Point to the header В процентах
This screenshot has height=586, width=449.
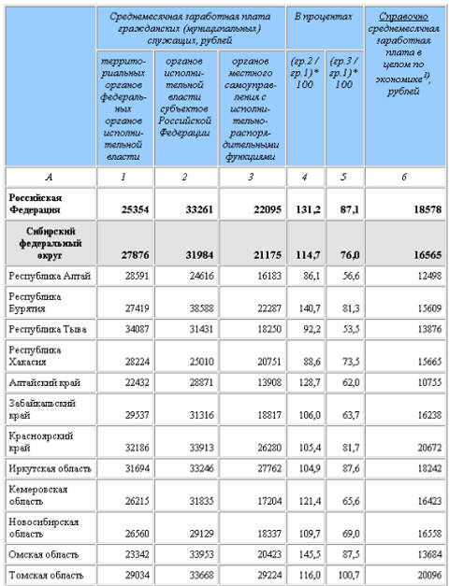pos(324,18)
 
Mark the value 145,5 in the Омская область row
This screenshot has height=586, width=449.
pos(307,553)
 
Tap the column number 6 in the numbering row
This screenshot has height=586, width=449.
pos(405,175)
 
